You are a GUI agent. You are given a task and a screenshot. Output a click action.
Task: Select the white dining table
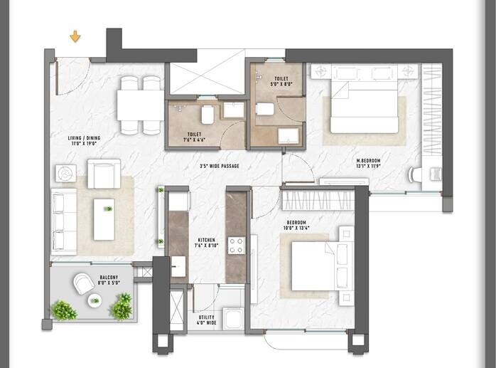pos(140,106)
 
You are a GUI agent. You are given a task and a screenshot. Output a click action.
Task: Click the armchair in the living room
pos(103,174)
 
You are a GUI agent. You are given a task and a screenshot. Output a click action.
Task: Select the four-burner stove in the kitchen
pos(235,246)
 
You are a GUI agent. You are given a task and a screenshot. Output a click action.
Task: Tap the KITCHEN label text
pos(206,243)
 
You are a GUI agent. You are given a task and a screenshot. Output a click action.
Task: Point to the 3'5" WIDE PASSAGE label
pos(219,166)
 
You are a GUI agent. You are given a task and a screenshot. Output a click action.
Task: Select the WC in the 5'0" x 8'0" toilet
pos(264,109)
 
